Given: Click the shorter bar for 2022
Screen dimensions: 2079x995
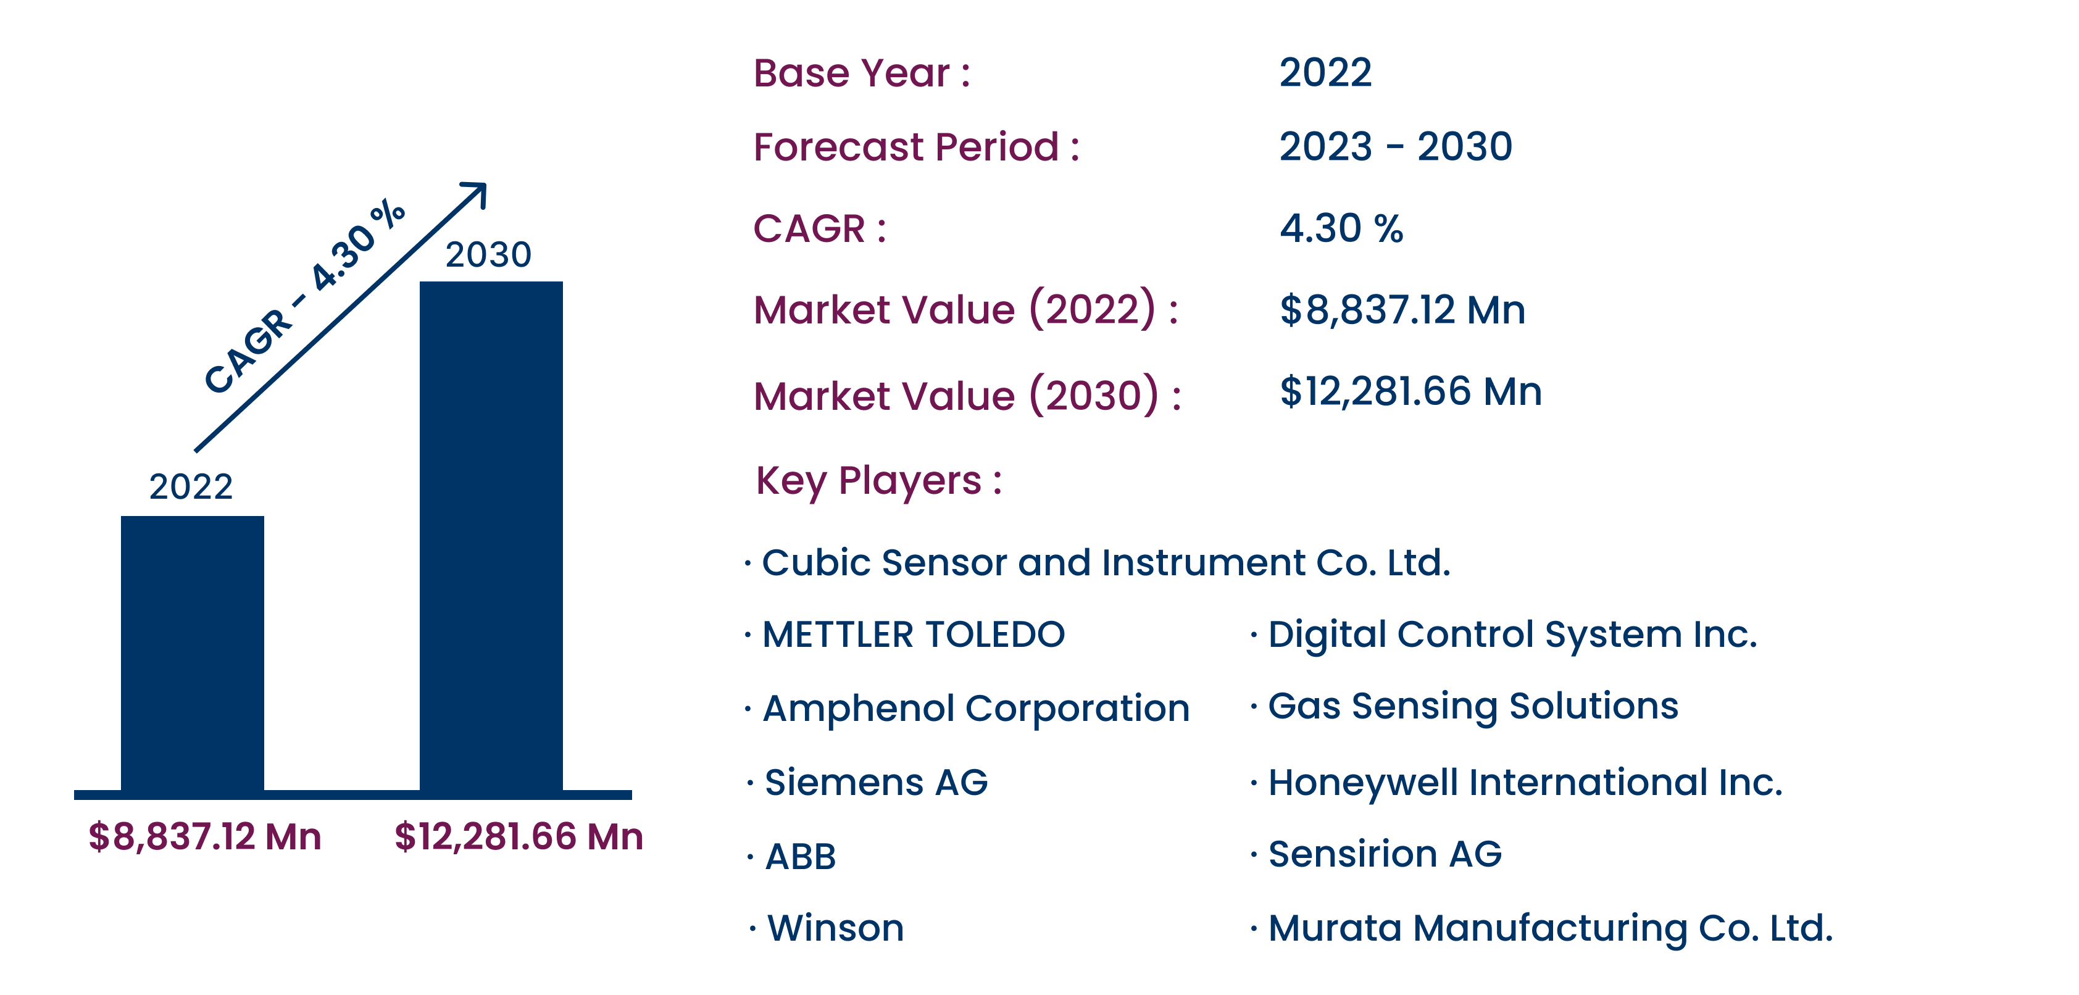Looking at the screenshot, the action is coord(192,653).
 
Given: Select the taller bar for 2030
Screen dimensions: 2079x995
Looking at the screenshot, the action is coord(491,536).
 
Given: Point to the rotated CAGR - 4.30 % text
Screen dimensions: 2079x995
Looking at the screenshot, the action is coord(304,296).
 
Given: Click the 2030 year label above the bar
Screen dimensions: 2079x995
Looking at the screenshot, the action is coord(488,254).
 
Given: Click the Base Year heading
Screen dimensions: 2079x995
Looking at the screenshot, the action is coord(861,73).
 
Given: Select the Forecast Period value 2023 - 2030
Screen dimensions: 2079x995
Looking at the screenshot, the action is coord(1396,146).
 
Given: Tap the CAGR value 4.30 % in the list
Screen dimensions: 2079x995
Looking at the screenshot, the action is coord(1341,228).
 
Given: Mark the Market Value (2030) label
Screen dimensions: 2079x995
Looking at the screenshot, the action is coord(967,396).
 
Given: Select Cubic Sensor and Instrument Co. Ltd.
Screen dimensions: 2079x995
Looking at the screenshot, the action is coord(1106,562).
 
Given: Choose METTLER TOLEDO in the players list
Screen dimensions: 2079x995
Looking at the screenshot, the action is coord(914,635).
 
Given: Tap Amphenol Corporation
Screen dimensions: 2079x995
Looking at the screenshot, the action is coord(976,709).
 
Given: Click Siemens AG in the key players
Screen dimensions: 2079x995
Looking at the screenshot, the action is coord(876,783).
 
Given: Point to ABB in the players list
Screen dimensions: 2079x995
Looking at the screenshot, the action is coord(800,857).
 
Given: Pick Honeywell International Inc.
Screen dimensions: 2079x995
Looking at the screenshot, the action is coord(1525,783).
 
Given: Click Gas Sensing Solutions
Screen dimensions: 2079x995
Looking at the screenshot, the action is coord(1473,707).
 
